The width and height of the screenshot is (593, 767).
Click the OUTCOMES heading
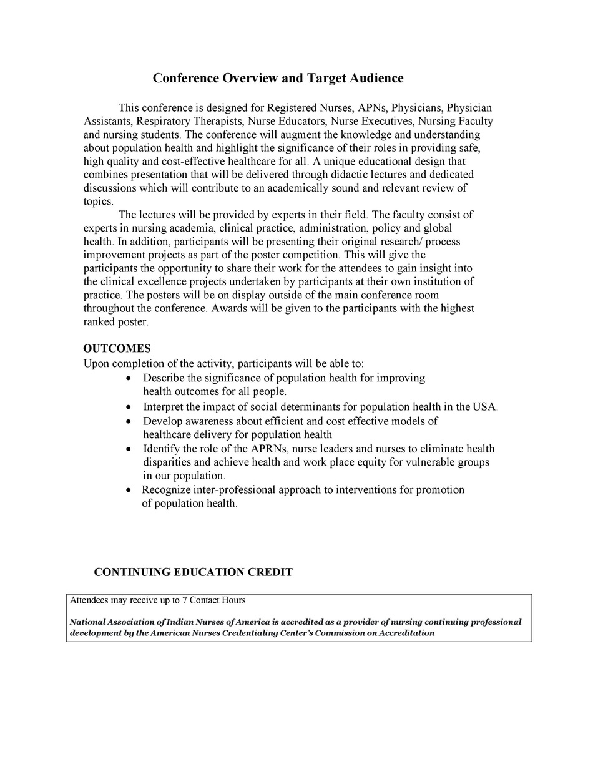click(117, 348)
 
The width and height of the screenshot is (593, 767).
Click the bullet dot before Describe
click(129, 379)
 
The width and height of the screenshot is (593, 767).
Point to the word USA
click(484, 407)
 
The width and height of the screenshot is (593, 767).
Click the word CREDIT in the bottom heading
click(270, 572)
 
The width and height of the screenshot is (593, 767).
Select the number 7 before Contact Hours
click(185, 600)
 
